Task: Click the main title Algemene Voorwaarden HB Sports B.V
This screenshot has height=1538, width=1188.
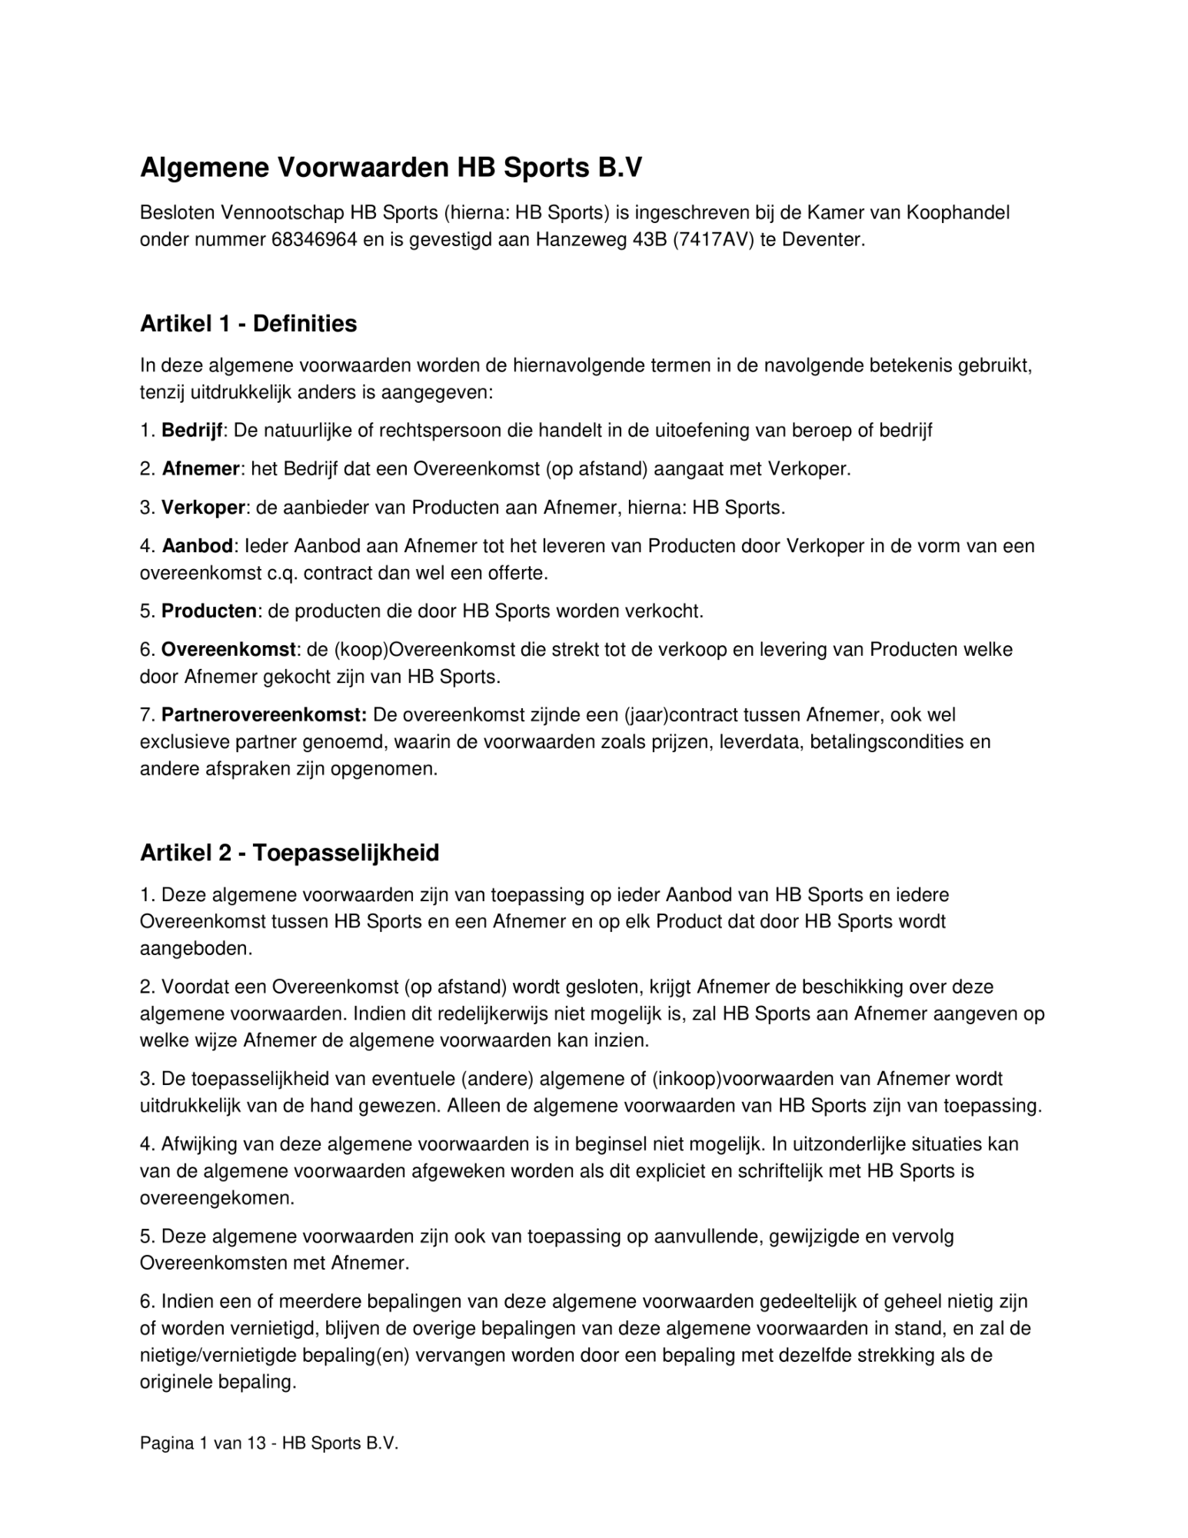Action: (x=390, y=168)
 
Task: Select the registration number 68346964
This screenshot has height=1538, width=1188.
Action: (x=314, y=239)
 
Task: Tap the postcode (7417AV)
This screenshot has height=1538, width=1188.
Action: (x=713, y=239)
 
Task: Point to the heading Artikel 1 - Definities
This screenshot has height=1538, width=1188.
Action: (x=248, y=324)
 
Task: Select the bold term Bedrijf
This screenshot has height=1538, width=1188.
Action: (x=192, y=430)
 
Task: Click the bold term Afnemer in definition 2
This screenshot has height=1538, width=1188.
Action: (x=201, y=468)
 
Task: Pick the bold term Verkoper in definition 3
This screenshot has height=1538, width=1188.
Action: (x=203, y=508)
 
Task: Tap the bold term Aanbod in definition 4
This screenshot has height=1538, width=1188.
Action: (x=198, y=546)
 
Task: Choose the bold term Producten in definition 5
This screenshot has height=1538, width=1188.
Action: (x=209, y=611)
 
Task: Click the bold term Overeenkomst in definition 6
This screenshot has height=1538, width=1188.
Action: (x=228, y=650)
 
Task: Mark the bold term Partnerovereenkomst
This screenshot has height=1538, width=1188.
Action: (x=264, y=715)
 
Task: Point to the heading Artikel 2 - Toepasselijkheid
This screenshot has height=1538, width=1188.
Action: (x=289, y=853)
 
